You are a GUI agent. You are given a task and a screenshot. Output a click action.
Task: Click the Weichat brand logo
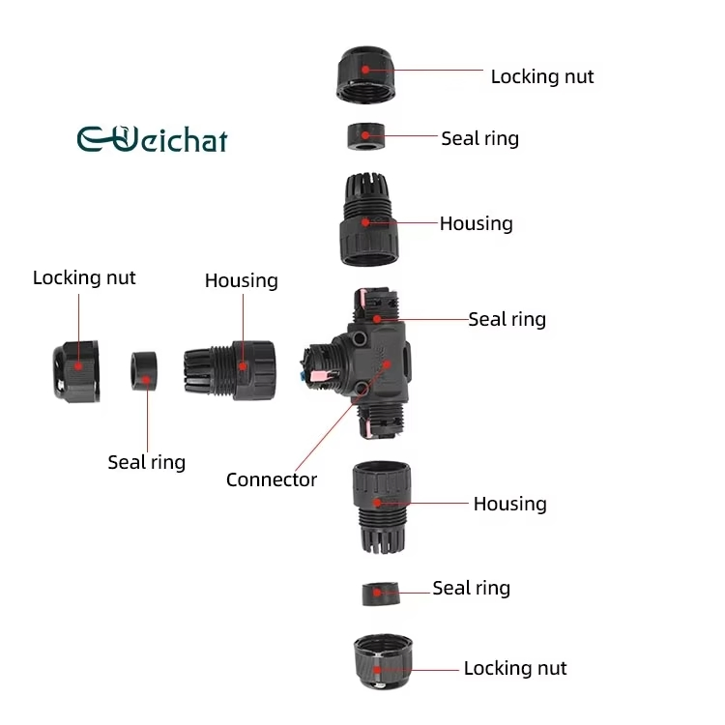[152, 138]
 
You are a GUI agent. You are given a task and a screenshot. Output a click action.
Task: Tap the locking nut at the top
[365, 74]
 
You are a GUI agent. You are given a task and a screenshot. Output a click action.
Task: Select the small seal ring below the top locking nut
[365, 136]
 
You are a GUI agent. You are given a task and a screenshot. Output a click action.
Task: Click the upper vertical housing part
[369, 219]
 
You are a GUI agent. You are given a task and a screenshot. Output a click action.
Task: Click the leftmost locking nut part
[76, 371]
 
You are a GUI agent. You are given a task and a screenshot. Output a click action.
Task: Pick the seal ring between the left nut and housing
[144, 371]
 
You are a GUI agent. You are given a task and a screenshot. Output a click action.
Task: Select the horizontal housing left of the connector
[230, 370]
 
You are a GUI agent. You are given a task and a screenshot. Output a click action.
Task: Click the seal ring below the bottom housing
[381, 594]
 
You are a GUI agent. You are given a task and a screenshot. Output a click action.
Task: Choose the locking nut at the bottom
[383, 662]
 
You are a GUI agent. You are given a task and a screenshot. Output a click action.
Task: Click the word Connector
[272, 479]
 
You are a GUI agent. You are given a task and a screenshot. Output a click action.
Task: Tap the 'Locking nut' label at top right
[542, 76]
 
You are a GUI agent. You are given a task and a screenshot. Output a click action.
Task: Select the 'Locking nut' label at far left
[84, 277]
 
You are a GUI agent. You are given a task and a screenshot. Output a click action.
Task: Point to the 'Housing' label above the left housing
[242, 280]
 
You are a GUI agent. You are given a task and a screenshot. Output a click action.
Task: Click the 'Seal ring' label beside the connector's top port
[507, 320]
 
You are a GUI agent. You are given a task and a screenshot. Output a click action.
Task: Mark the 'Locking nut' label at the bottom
[515, 668]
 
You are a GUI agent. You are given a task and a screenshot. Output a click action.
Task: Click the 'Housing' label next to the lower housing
[510, 504]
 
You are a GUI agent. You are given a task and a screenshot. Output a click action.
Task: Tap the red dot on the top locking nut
[365, 70]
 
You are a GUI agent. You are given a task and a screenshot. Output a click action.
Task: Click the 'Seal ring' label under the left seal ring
[147, 462]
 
